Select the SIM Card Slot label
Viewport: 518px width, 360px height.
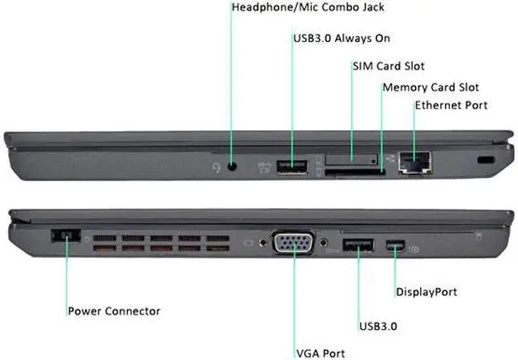[x=388, y=66]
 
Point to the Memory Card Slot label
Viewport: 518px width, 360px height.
[x=431, y=87]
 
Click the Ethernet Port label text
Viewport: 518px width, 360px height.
[x=452, y=106]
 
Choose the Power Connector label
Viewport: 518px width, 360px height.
[x=114, y=311]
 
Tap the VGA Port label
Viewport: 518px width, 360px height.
[x=320, y=353]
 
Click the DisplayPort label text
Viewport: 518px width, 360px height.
[x=427, y=291]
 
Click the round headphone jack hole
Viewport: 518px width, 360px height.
[x=234, y=167]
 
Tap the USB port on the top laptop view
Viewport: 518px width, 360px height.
[x=292, y=167]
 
